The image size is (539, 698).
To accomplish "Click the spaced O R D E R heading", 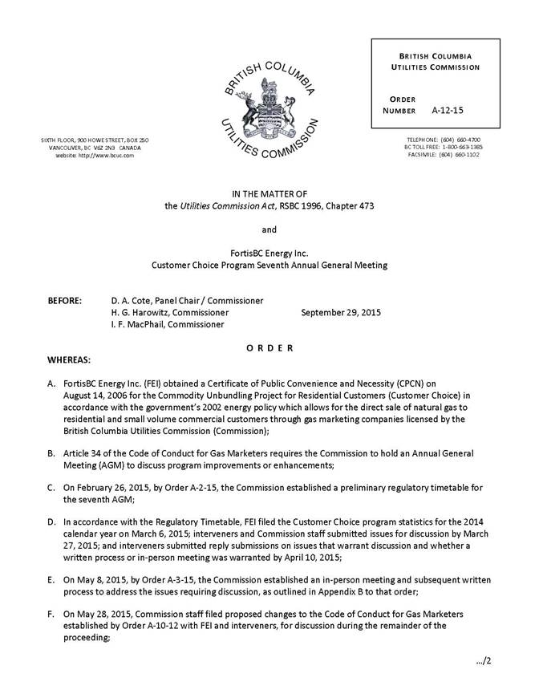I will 269,347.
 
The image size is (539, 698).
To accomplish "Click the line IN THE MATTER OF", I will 269,193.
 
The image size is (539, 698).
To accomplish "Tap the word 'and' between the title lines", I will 269,229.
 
